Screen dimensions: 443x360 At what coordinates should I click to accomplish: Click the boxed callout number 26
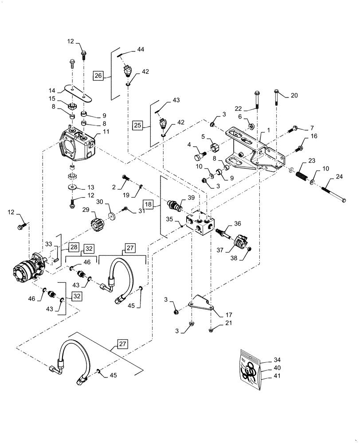pos(98,76)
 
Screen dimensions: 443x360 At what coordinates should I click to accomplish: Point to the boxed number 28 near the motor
pos(73,246)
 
